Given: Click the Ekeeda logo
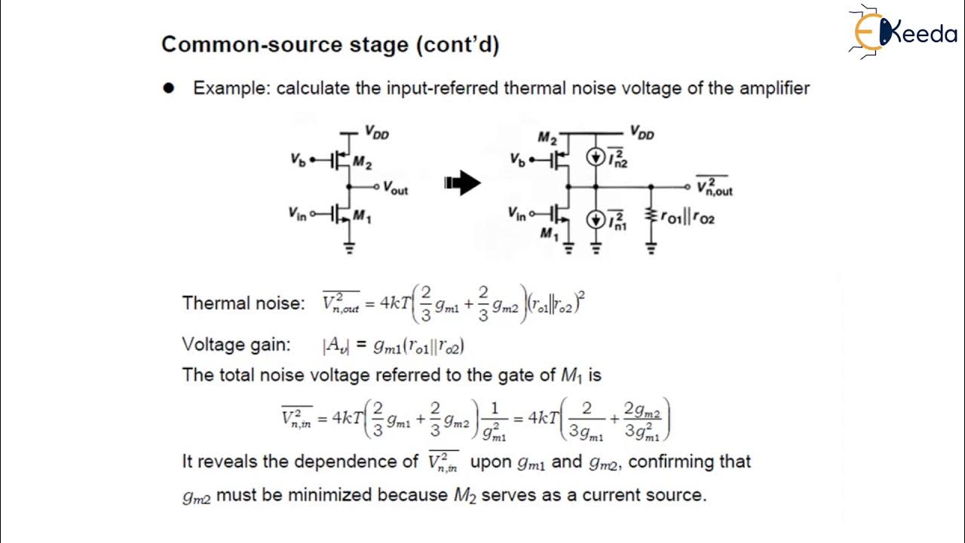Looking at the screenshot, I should [x=901, y=32].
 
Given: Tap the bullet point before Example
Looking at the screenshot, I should [x=169, y=88].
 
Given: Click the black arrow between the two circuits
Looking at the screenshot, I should [x=462, y=183].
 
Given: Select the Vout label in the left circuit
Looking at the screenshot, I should [x=395, y=188].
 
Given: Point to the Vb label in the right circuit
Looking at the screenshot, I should [x=516, y=160].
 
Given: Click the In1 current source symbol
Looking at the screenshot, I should [x=596, y=219].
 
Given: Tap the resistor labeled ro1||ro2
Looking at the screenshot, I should [x=651, y=217].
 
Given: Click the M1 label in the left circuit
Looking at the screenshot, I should [x=363, y=218].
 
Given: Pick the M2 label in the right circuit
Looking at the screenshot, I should [x=547, y=137].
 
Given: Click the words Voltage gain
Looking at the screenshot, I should [x=236, y=345].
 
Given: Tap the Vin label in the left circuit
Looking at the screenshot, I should [x=297, y=215].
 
